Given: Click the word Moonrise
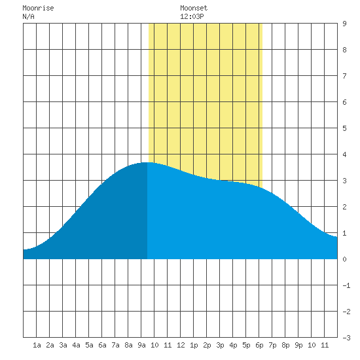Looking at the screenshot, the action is pyautogui.click(x=38, y=8).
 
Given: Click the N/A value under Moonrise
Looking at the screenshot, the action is pyautogui.click(x=28, y=16).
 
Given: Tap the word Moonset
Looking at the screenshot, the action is pyautogui.click(x=194, y=8).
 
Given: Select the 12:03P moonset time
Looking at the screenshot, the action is pyautogui.click(x=192, y=16).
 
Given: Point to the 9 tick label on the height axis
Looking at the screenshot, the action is pyautogui.click(x=344, y=24).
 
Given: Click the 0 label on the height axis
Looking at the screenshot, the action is pyautogui.click(x=344, y=259).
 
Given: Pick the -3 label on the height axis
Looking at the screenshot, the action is pyautogui.click(x=346, y=338).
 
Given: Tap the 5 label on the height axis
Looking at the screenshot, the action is pyautogui.click(x=344, y=128).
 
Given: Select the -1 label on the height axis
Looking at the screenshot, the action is pyautogui.click(x=346, y=285).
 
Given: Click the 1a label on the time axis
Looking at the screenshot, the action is pyautogui.click(x=37, y=345).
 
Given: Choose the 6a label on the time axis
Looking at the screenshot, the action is pyautogui.click(x=102, y=345).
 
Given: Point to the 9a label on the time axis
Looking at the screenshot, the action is pyautogui.click(x=141, y=345).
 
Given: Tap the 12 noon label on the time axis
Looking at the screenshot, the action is pyautogui.click(x=181, y=345).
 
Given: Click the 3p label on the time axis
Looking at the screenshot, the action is pyautogui.click(x=220, y=345).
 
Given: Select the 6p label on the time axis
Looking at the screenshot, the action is pyautogui.click(x=259, y=345).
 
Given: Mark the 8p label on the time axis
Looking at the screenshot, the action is pyautogui.click(x=285, y=345).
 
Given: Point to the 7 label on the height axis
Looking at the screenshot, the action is pyautogui.click(x=344, y=76).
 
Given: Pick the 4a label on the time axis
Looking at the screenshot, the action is pyautogui.click(x=76, y=345).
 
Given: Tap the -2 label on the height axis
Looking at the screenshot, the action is pyautogui.click(x=346, y=312).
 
